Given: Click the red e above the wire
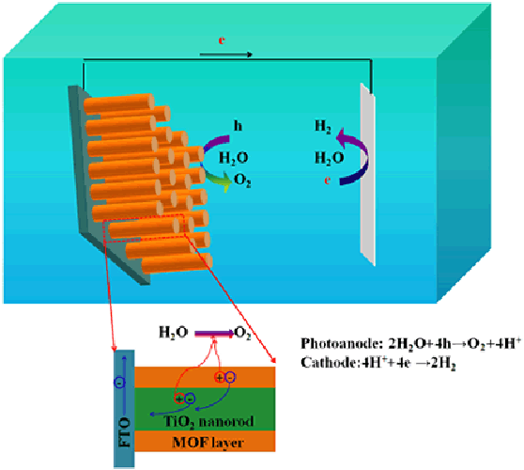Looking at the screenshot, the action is point(222,40).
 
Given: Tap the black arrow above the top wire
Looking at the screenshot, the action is point(226,55).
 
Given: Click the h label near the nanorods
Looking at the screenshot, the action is point(238,126).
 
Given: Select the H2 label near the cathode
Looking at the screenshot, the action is point(323,127).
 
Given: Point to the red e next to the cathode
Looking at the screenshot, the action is point(328,180).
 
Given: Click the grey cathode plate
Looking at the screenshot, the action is point(367,174).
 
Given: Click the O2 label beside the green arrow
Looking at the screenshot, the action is point(242,180).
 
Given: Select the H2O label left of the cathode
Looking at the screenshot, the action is point(330,158).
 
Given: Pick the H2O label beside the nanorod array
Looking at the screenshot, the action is point(233,158).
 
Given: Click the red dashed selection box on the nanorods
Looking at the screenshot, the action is point(144,228).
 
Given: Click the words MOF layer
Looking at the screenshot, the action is point(208,443).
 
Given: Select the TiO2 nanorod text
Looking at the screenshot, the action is point(208,422).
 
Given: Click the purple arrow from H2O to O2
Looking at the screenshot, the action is point(214,333).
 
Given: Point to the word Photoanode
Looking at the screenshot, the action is point(342,343).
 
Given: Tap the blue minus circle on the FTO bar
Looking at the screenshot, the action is point(119,383).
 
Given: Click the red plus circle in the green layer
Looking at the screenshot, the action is point(179,399).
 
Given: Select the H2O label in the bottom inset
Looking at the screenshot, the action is point(174,333).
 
